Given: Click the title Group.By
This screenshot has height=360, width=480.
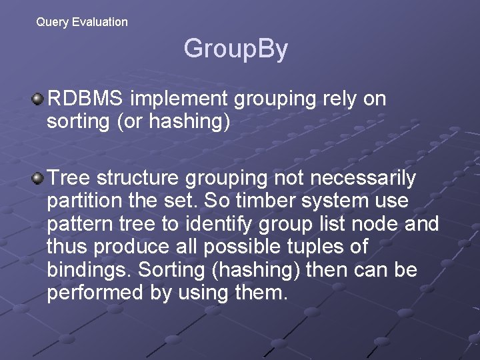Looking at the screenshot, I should pos(235,49).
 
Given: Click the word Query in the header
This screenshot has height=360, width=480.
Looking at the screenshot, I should pos(53,22).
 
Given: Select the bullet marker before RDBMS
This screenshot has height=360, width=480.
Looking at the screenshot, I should pos(38,100).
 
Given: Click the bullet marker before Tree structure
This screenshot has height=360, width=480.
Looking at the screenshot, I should pos(38,179).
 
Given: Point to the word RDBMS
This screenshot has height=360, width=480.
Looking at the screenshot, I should pos(85,99).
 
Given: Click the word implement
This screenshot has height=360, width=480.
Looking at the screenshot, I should pos(179,99).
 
